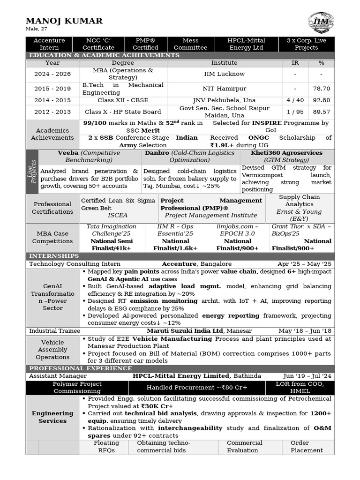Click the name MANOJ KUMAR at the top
(x=64, y=21)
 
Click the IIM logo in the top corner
(x=321, y=23)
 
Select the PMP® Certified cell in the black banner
(x=145, y=44)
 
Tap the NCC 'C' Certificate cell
(x=98, y=44)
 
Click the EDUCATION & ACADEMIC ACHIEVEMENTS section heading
(x=104, y=55)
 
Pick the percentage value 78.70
(x=321, y=89)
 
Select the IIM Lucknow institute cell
(x=224, y=74)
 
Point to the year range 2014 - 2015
(x=52, y=100)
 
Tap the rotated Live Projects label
(x=32, y=171)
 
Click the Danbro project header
(x=189, y=157)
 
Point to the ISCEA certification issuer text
(x=117, y=216)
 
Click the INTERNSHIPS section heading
(x=54, y=256)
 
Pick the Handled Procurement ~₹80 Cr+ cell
(x=196, y=388)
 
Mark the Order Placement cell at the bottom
(x=307, y=447)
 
